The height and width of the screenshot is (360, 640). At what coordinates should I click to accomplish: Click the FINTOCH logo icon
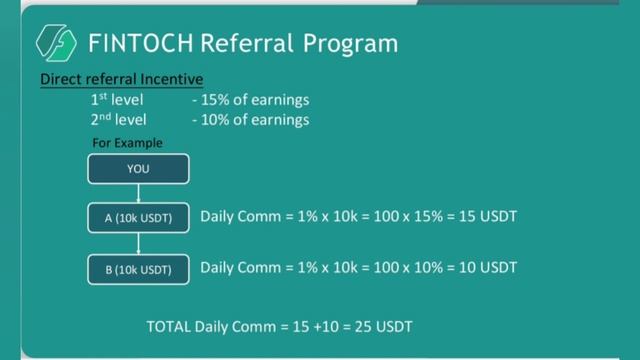coord(57,43)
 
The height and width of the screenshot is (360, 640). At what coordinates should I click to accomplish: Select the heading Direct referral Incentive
coord(121,78)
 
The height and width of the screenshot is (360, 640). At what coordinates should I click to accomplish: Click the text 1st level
coord(117,100)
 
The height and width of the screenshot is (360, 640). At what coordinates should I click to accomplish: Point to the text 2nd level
coord(118,120)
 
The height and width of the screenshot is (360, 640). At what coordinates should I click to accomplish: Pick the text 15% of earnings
coord(256,100)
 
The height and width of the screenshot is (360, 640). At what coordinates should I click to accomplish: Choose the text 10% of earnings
coord(256,120)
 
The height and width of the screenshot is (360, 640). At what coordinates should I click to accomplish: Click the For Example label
coord(127,143)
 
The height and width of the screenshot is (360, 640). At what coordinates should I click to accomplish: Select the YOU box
coord(138,169)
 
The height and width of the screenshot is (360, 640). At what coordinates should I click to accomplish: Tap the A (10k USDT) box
coord(138,217)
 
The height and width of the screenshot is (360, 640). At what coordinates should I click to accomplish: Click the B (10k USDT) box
coord(138,269)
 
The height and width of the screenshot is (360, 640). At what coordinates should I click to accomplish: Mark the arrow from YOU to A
coord(138,193)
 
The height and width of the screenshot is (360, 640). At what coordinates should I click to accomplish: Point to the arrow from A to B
coord(138,243)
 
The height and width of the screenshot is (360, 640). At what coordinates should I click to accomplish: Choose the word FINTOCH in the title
coord(140,44)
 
